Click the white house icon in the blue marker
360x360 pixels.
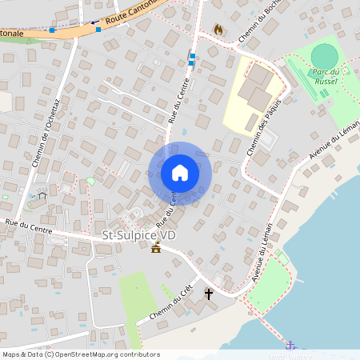(180, 173)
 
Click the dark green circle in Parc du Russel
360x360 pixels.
(324, 56)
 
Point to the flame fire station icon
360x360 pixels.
(218, 29)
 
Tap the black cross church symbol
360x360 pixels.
(209, 294)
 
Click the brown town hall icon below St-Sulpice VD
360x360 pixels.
(155, 248)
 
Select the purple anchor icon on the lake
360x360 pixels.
(290, 346)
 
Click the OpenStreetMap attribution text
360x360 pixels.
(80, 354)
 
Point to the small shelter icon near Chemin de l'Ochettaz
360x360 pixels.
(42, 194)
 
